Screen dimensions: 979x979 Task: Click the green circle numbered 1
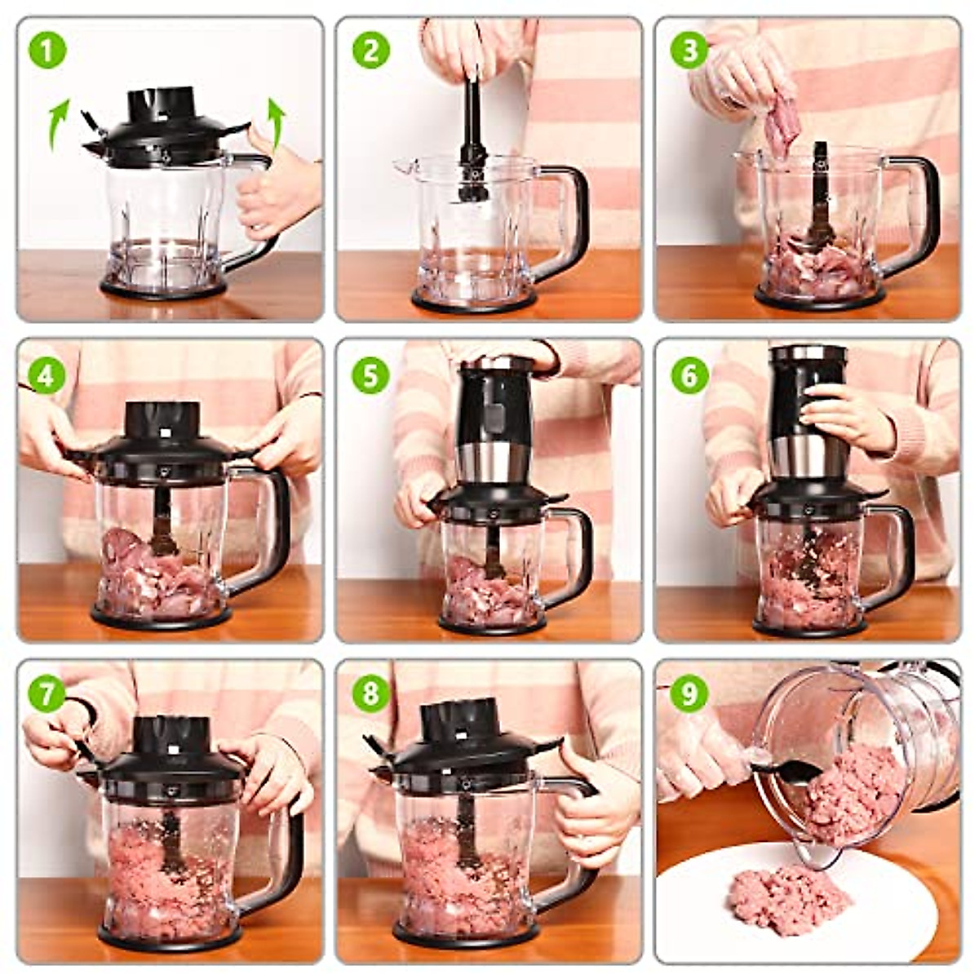(x=47, y=51)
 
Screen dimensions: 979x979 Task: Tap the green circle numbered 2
(x=370, y=51)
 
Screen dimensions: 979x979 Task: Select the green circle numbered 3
(x=689, y=51)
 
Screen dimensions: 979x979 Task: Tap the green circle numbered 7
(x=47, y=694)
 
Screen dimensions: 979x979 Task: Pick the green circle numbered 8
(x=370, y=694)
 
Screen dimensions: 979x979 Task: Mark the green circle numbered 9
(x=689, y=694)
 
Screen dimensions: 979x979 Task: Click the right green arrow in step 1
(x=277, y=122)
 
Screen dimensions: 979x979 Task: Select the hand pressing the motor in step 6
(x=848, y=416)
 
